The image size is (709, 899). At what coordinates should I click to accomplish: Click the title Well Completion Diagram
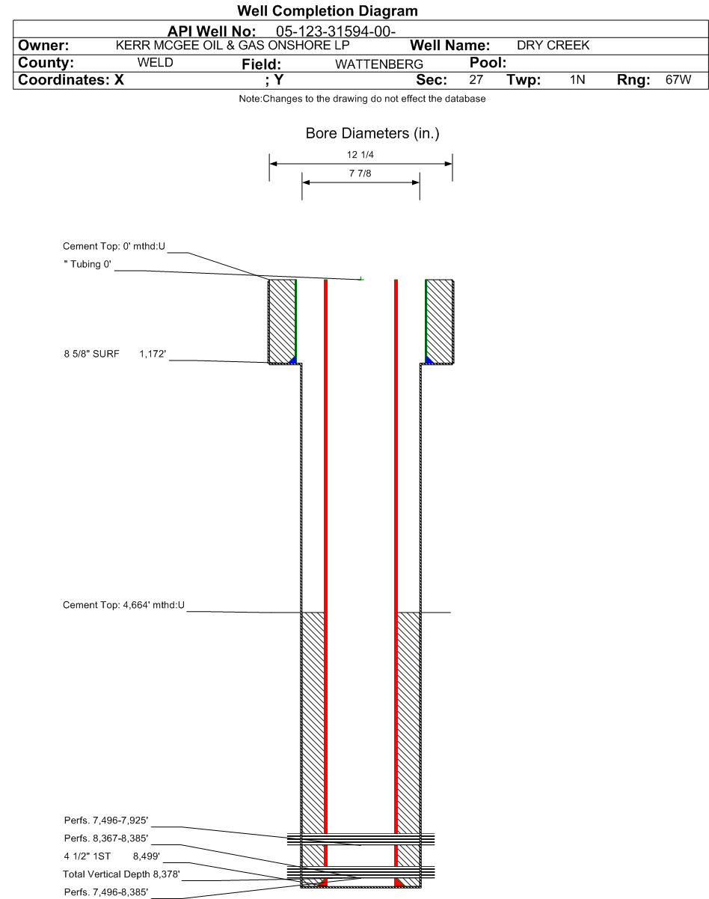click(327, 11)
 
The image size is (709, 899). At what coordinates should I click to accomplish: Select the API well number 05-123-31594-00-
click(336, 31)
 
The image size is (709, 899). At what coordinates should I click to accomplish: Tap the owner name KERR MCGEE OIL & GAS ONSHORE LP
click(233, 45)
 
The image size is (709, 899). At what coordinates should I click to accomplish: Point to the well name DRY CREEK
click(553, 45)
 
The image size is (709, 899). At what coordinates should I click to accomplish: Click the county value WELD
click(155, 63)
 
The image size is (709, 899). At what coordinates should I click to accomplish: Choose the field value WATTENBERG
click(379, 64)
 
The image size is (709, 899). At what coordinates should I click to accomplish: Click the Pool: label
click(488, 63)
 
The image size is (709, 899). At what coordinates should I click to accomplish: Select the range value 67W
click(678, 80)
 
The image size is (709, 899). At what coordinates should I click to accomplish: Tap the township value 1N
click(577, 80)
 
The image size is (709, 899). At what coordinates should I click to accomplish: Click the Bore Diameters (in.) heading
click(372, 133)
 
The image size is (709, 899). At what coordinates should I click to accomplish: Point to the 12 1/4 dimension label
click(360, 155)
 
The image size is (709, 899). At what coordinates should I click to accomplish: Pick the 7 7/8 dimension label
click(360, 174)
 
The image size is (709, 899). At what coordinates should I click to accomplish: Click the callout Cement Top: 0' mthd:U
click(114, 247)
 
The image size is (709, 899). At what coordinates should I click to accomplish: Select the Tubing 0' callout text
click(88, 265)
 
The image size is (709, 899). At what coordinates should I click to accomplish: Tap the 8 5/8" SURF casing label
click(91, 355)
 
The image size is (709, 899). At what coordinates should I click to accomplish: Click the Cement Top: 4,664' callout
click(123, 605)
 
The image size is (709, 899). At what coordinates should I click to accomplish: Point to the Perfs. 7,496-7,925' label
click(106, 820)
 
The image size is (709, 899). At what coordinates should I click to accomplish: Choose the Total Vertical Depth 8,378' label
click(121, 874)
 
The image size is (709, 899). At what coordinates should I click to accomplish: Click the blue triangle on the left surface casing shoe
click(293, 360)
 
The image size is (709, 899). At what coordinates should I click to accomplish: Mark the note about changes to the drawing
click(362, 99)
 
